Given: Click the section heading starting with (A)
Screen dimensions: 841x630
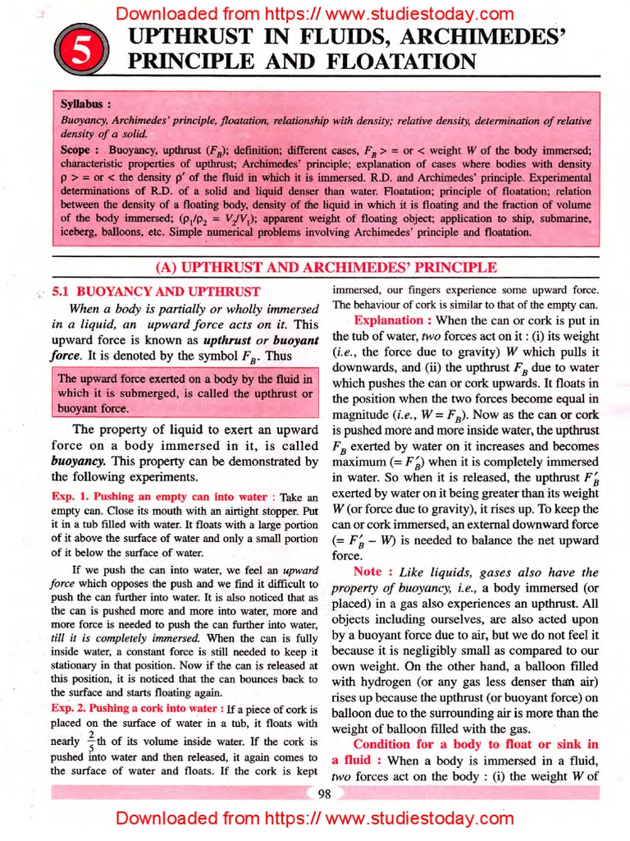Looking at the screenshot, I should click(x=326, y=267).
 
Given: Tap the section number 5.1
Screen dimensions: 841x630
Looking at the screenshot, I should click(x=64, y=291).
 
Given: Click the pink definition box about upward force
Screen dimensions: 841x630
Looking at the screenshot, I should click(x=185, y=393).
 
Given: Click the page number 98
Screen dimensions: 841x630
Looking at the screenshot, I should click(x=326, y=793).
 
